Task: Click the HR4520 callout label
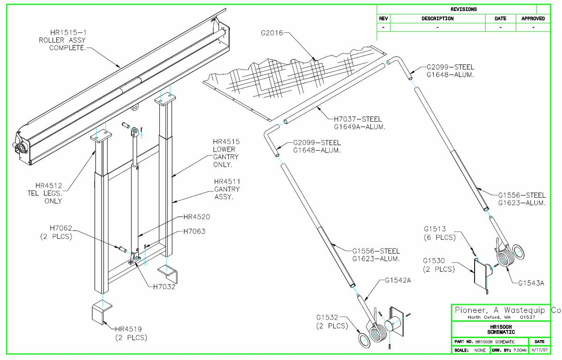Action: click(196, 217)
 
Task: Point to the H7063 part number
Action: click(194, 231)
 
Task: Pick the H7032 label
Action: click(165, 288)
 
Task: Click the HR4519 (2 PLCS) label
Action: click(131, 333)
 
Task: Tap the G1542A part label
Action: click(398, 280)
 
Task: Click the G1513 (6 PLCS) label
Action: click(440, 233)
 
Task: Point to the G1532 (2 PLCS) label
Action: click(332, 321)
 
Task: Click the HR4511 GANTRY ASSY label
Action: click(227, 189)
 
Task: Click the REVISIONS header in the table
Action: click(463, 9)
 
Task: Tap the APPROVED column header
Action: click(533, 19)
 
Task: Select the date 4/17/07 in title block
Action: click(540, 350)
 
